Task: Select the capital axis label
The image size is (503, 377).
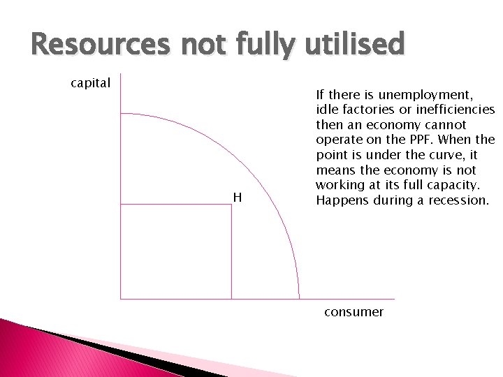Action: coord(91,83)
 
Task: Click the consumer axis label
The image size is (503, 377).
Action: coord(353,312)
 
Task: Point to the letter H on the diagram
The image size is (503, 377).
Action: coord(238,198)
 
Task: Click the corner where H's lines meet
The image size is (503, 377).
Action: coord(231,204)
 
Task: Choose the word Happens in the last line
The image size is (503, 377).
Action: coord(340,200)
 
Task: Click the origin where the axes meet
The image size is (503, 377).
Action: coord(121,299)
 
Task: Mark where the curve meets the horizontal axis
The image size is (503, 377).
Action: coord(299,299)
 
